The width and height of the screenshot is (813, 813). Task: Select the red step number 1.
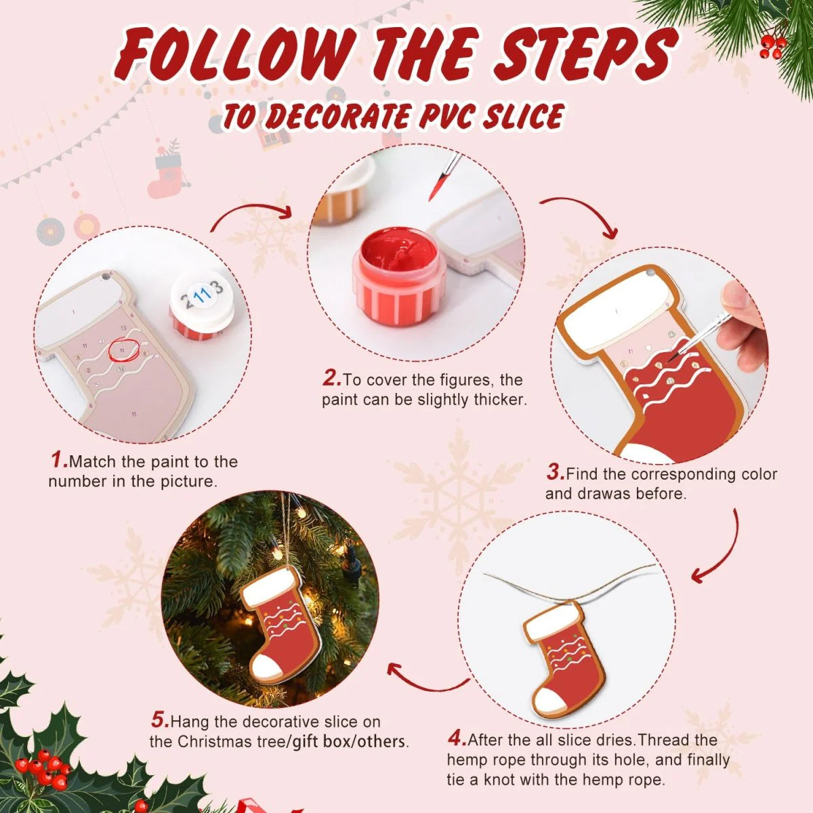pyautogui.click(x=59, y=461)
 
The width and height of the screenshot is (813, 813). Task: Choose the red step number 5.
pyautogui.click(x=159, y=720)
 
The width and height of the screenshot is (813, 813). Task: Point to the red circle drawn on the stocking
pyautogui.click(x=124, y=348)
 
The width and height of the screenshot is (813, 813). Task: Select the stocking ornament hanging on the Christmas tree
pyautogui.click(x=278, y=623)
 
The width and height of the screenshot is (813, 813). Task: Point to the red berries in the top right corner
pyautogui.click(x=772, y=45)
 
